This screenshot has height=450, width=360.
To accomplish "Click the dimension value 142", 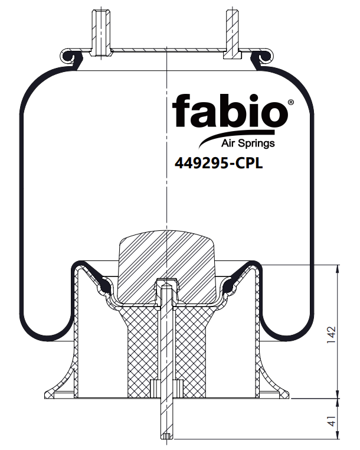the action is click(x=330, y=334).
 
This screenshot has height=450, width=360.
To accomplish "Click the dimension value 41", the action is click(x=331, y=420).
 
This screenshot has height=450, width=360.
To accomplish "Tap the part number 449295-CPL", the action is click(x=218, y=164).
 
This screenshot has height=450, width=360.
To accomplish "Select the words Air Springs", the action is click(x=248, y=143).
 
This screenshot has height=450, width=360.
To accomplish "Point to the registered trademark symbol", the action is click(x=290, y=102).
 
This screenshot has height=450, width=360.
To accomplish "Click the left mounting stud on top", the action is click(x=101, y=33).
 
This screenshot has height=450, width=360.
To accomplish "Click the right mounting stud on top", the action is click(x=233, y=34).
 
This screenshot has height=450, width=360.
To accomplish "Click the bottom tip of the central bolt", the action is click(x=166, y=439).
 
